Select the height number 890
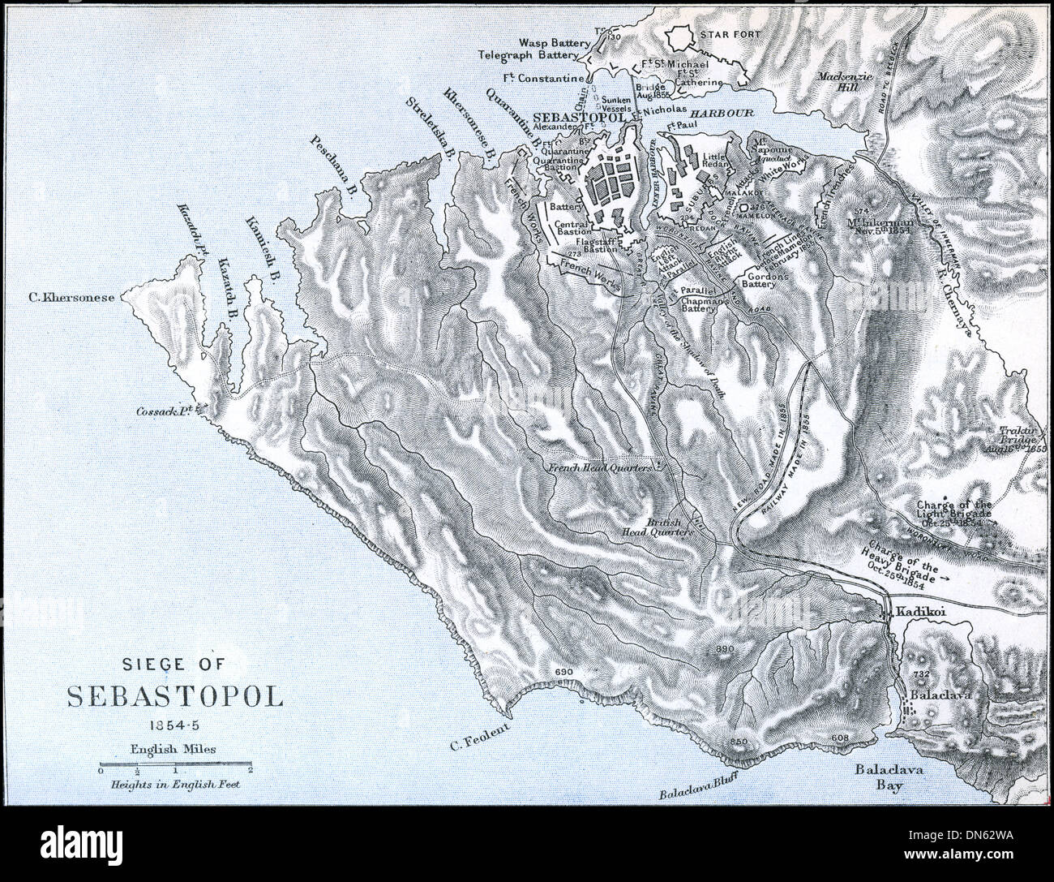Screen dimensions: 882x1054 pos(726,650)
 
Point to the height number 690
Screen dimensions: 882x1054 pos(563,672)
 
